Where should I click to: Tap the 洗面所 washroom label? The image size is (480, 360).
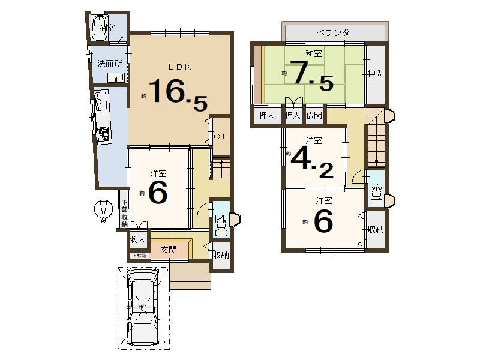(x=110, y=64)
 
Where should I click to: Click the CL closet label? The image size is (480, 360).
(x=221, y=137)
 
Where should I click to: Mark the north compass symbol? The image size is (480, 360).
(x=104, y=210)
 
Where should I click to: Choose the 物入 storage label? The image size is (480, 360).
(x=138, y=239)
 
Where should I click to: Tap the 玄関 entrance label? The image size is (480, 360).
(x=169, y=249)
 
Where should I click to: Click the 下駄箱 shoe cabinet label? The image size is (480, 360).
(x=139, y=256)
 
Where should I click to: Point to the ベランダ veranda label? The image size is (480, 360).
(x=334, y=32)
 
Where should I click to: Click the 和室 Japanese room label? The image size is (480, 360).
(x=313, y=53)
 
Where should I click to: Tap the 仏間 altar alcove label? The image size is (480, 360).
(x=314, y=115)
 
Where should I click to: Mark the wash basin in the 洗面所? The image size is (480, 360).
(x=116, y=77)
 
